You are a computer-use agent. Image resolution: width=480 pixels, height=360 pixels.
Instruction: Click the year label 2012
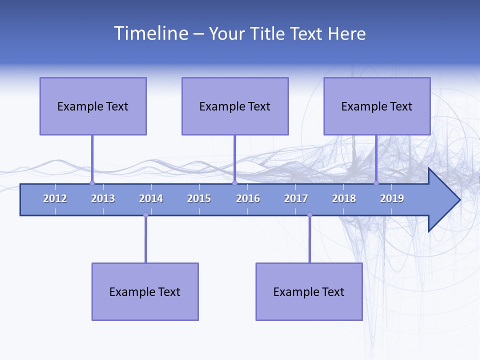coord(55,198)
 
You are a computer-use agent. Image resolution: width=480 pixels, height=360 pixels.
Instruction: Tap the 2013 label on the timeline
coord(103,198)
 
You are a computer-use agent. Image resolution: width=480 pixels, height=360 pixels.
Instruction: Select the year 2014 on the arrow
coord(151,198)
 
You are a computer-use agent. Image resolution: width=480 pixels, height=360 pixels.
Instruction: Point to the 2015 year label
coord(199,198)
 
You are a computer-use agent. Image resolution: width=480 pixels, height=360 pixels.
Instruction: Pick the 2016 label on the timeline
coord(248,198)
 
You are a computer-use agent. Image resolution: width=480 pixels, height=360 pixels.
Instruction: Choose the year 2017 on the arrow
coord(296,198)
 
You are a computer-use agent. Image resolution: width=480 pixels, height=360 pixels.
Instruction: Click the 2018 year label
coord(344,198)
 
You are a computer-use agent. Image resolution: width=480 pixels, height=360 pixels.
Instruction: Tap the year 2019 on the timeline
coord(392,198)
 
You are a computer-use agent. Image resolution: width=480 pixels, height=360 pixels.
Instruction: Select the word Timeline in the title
coord(150,33)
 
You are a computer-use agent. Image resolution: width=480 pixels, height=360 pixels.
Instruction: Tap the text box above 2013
coord(93,106)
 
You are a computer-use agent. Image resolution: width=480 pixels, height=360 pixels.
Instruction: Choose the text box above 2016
coord(235,106)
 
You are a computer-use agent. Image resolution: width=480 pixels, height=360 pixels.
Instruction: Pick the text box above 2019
coord(377,106)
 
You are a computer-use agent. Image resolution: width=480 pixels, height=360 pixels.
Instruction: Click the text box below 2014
coord(145,291)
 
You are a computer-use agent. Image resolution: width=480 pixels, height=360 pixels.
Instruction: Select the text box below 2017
coord(309,291)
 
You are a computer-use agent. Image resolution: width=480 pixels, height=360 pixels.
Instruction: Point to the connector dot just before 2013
coord(92,183)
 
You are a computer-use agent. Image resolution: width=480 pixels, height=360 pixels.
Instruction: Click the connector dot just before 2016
coord(234,183)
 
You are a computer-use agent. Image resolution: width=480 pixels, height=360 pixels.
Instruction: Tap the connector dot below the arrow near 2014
coord(145,215)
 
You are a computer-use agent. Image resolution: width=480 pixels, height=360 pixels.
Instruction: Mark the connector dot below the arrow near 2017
coord(309,215)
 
